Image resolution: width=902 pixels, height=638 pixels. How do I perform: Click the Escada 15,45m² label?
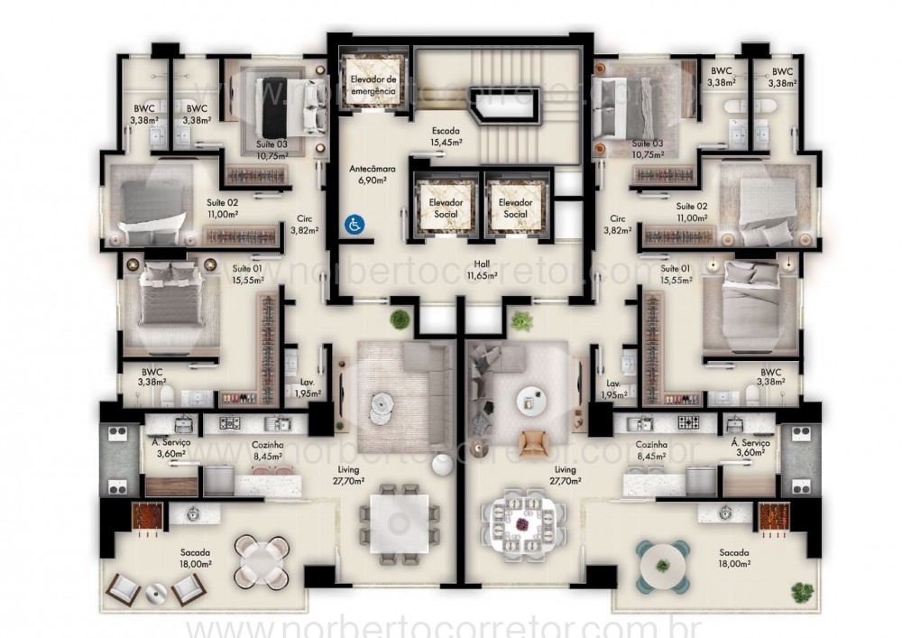pyautogui.click(x=446, y=136)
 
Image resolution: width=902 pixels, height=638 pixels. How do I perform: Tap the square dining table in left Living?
pyautogui.click(x=395, y=522)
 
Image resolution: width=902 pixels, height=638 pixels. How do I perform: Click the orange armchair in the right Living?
pyautogui.click(x=534, y=441)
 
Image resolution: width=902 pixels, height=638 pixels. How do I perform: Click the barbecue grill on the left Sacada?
pyautogui.click(x=148, y=516)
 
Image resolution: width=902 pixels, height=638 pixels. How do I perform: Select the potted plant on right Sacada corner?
pyautogui.click(x=801, y=592)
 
